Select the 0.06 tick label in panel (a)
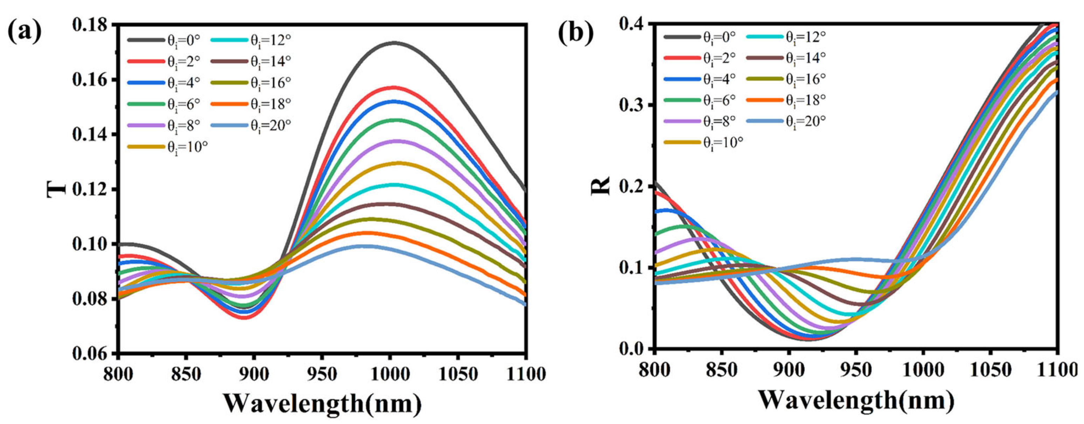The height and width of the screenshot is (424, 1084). [x=93, y=354]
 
